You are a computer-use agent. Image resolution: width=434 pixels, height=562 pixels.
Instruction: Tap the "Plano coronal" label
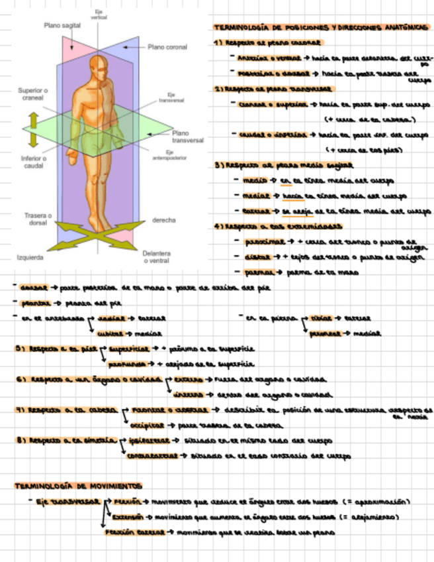pos(167,47)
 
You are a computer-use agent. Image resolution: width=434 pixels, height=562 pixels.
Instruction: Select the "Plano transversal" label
pos(188,137)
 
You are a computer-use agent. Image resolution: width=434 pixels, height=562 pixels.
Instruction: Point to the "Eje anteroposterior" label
pos(169,156)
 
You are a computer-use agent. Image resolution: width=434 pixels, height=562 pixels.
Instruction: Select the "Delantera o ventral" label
pos(157,257)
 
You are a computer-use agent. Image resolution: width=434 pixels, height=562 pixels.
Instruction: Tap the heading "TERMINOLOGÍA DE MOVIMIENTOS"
pos(79,486)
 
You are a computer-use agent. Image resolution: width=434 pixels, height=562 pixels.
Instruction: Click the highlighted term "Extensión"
pos(127,517)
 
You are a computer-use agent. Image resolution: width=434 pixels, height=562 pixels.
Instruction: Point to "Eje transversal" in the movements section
pos(65,502)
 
